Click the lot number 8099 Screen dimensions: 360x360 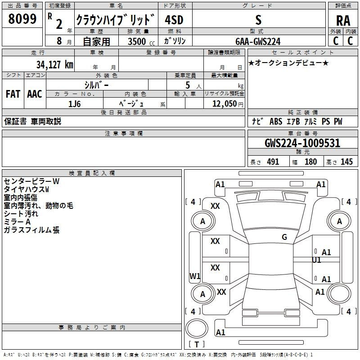coord(22,19)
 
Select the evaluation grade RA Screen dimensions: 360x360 coord(343,21)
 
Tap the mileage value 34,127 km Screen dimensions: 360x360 coord(54,64)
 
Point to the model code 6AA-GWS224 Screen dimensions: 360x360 coord(258,41)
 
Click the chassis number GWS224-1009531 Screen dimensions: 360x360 coord(302,143)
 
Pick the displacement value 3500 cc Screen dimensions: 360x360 coord(141,41)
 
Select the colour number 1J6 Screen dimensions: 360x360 coord(74,104)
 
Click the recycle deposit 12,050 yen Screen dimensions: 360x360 coord(228,104)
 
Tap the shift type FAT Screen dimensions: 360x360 coord(13,94)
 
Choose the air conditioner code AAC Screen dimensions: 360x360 coord(35,94)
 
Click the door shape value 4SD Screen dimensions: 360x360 coord(174,20)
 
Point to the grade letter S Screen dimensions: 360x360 coord(258,20)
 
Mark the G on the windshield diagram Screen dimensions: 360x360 coord(284,237)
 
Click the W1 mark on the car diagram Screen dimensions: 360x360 coord(195,276)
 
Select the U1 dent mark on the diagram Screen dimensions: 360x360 coord(316,260)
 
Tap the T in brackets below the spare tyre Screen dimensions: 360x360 coord(197,344)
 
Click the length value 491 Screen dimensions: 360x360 coord(273,162)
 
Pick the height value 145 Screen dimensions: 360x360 coord(346,162)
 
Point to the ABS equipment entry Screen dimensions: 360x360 coord(276,121)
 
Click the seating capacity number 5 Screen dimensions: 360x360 coord(188,85)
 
